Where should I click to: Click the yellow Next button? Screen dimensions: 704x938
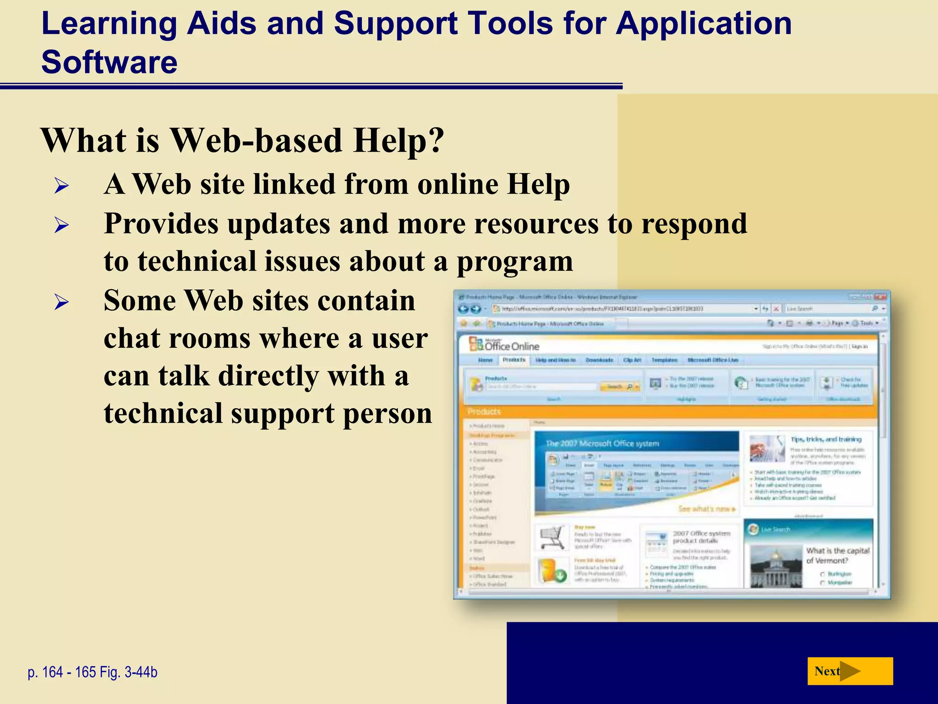pos(849,671)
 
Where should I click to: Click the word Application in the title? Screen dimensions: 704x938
pos(703,24)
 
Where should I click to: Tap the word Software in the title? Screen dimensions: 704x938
pos(109,62)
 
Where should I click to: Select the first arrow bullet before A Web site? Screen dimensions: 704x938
pos(61,186)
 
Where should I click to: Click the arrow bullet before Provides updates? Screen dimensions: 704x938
pos(61,225)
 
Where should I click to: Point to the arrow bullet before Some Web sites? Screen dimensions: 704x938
pos(61,302)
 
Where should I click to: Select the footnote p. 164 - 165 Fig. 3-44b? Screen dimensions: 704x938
pos(93,672)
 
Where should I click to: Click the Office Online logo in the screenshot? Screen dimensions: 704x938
pos(504,345)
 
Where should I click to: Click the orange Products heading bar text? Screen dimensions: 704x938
pos(484,411)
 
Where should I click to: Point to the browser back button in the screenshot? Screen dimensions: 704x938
pos(463,309)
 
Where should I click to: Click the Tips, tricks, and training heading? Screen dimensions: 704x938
pos(826,439)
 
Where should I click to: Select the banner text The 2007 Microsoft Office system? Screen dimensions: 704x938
pos(602,443)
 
